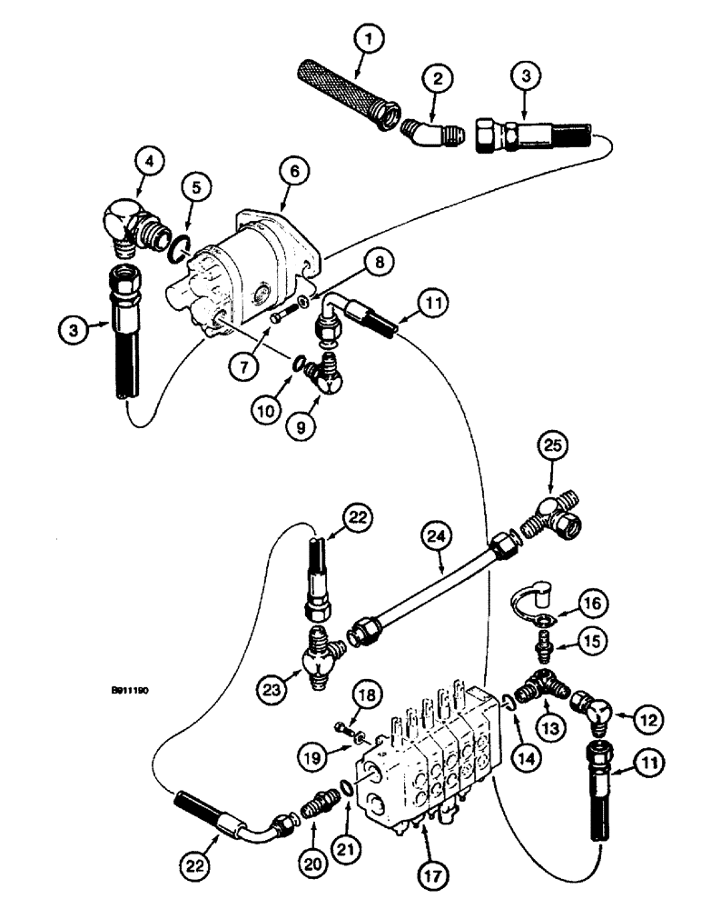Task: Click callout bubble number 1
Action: (370, 40)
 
